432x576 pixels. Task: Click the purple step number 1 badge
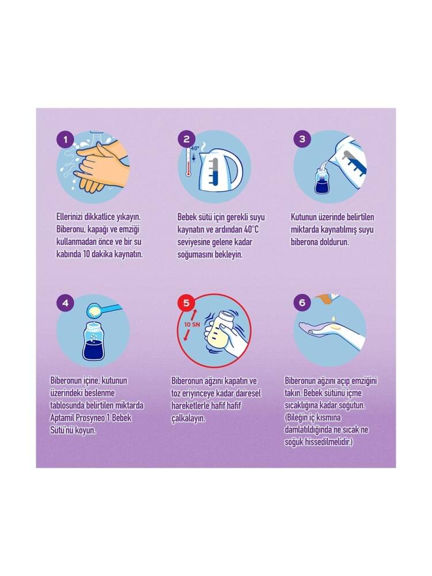[x=66, y=140]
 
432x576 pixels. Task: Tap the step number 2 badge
[x=187, y=139]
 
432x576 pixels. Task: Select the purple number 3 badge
[x=302, y=139]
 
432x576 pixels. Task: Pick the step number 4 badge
[x=66, y=303]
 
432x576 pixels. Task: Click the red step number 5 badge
[x=187, y=303]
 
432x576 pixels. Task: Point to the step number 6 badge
[x=302, y=303]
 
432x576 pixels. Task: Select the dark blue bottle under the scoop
[x=93, y=341]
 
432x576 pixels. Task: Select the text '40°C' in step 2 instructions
[x=251, y=230]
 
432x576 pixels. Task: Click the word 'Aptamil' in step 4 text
[x=62, y=418]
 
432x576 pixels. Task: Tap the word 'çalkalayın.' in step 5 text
[x=188, y=418]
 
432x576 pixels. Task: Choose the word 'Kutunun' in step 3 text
[x=304, y=217]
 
